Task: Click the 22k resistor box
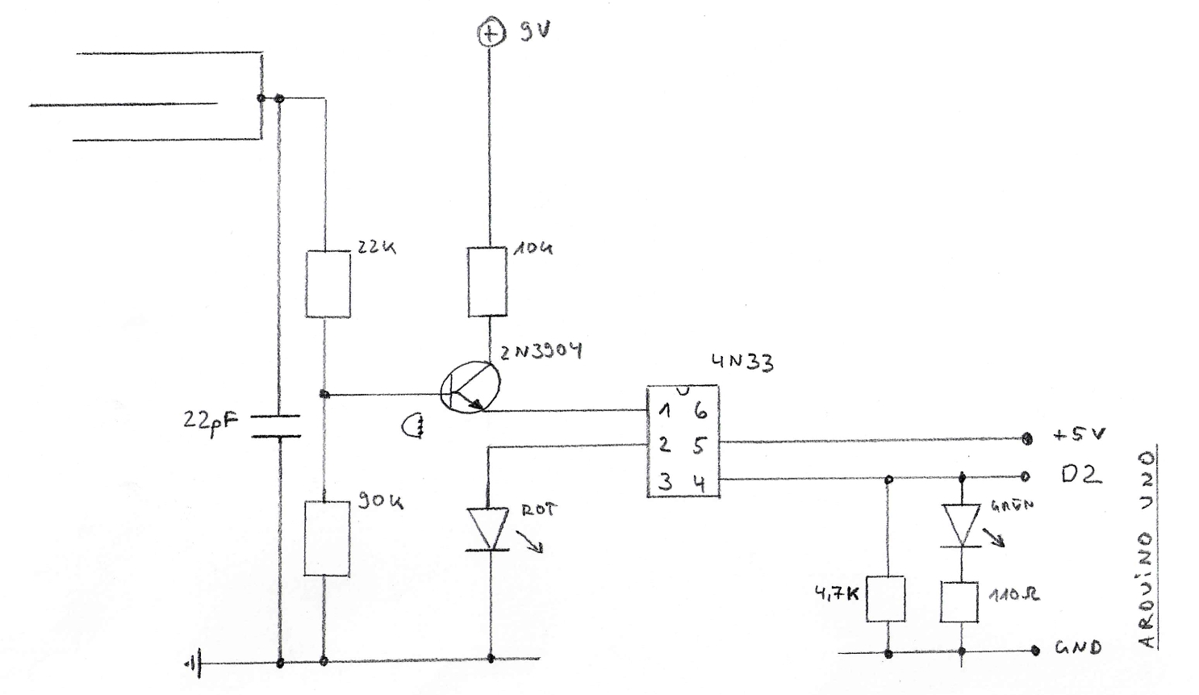click(x=328, y=283)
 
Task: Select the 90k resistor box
click(x=327, y=538)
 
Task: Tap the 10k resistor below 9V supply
click(x=488, y=282)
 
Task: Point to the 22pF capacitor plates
click(x=275, y=426)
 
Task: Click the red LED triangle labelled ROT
click(x=488, y=530)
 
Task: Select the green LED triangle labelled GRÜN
click(x=962, y=525)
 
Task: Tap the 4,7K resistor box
click(x=885, y=599)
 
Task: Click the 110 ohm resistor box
click(x=960, y=601)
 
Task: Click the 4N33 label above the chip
click(x=742, y=362)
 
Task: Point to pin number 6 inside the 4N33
click(x=700, y=411)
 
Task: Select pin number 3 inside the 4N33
click(x=665, y=483)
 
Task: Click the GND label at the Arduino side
click(x=1078, y=647)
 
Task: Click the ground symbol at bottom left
click(x=193, y=664)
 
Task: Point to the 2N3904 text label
click(x=540, y=352)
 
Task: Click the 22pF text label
click(x=211, y=421)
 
